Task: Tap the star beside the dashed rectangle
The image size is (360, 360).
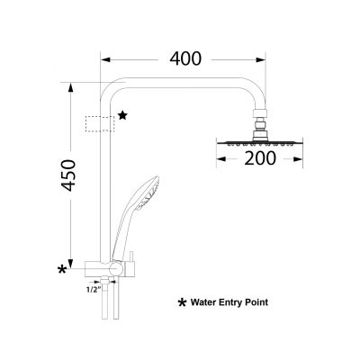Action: click(x=123, y=115)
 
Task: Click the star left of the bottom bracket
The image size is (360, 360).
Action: click(x=63, y=268)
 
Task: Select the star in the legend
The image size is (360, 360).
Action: click(x=182, y=303)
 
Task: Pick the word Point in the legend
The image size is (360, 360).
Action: click(x=256, y=303)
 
